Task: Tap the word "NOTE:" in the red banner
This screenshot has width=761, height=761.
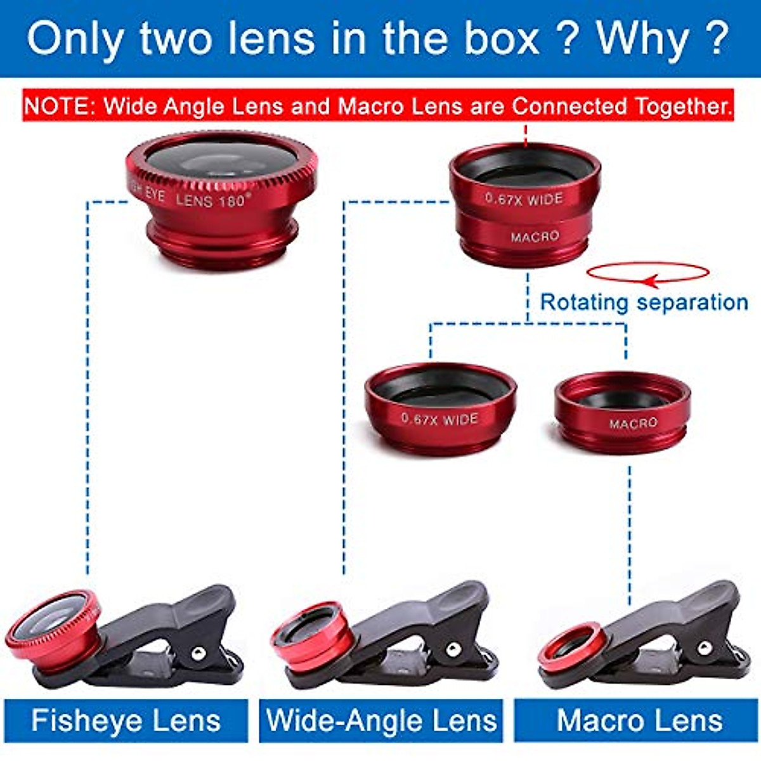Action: pyautogui.click(x=60, y=106)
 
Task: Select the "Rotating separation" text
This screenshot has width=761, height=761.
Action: pyautogui.click(x=643, y=302)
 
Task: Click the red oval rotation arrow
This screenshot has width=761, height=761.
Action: pyautogui.click(x=647, y=273)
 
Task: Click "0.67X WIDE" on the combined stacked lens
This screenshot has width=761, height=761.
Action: pyautogui.click(x=524, y=198)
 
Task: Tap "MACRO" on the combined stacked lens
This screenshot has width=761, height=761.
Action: pyautogui.click(x=535, y=237)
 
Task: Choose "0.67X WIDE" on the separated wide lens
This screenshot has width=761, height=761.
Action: pyautogui.click(x=439, y=419)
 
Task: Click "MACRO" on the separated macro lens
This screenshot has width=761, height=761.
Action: pyautogui.click(x=633, y=423)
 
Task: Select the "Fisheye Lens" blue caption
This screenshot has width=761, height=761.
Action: pyautogui.click(x=126, y=721)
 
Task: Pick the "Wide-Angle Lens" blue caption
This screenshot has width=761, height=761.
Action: pyautogui.click(x=381, y=721)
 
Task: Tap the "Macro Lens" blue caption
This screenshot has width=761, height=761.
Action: pyautogui.click(x=639, y=721)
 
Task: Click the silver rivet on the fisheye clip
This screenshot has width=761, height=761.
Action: pyautogui.click(x=199, y=652)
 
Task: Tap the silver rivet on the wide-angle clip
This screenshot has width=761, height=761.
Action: pyautogui.click(x=452, y=649)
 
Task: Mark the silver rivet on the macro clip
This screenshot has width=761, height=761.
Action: pyautogui.click(x=703, y=647)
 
